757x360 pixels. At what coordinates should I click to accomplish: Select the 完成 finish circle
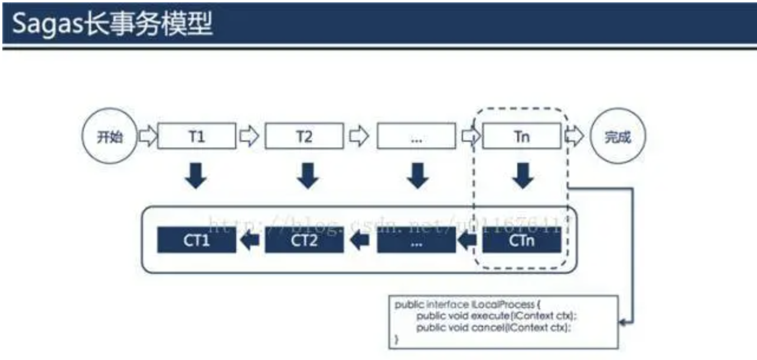click(x=618, y=137)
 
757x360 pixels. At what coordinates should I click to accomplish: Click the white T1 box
click(x=197, y=137)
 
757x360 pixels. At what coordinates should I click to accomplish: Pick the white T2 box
click(x=304, y=137)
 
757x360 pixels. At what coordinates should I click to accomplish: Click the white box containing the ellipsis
click(x=416, y=137)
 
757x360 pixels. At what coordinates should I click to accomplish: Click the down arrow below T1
click(x=197, y=175)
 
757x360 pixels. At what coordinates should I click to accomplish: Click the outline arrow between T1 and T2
click(x=250, y=137)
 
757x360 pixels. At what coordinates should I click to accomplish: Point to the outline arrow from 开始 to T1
click(x=148, y=137)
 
